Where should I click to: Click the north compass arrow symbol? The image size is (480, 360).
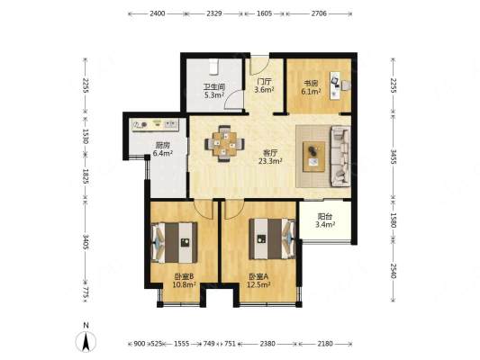[86, 341]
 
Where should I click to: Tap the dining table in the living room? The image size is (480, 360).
[225, 143]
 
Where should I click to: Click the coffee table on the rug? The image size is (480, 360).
[313, 157]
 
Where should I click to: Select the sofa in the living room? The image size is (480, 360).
[340, 157]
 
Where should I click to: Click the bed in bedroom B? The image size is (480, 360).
[174, 242]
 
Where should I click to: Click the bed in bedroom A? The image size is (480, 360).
[272, 238]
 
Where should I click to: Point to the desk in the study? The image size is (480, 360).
[335, 85]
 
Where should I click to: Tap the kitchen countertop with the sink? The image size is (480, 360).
[155, 125]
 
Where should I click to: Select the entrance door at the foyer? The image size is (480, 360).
[259, 66]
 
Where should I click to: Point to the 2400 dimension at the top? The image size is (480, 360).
[158, 13]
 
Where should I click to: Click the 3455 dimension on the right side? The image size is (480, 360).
[394, 157]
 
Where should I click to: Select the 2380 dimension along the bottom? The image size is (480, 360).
[267, 344]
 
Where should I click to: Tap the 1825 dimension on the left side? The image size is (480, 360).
[86, 176]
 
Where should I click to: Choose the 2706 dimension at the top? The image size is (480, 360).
[319, 13]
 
